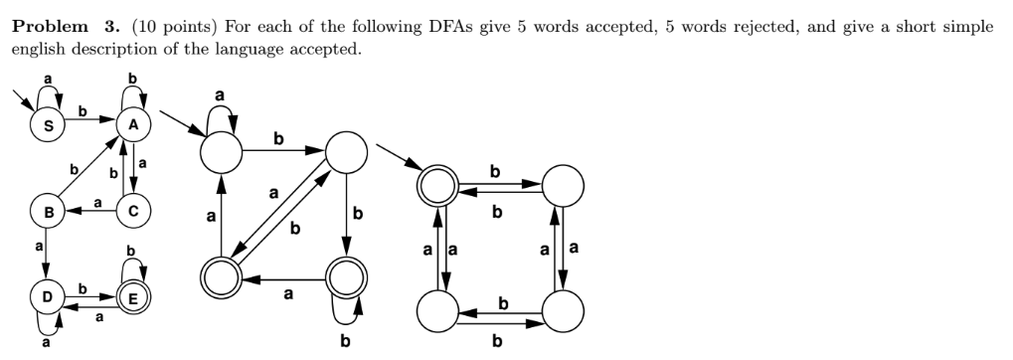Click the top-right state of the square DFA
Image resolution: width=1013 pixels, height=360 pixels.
coord(563,185)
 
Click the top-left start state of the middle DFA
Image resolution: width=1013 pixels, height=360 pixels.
coord(223,153)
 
